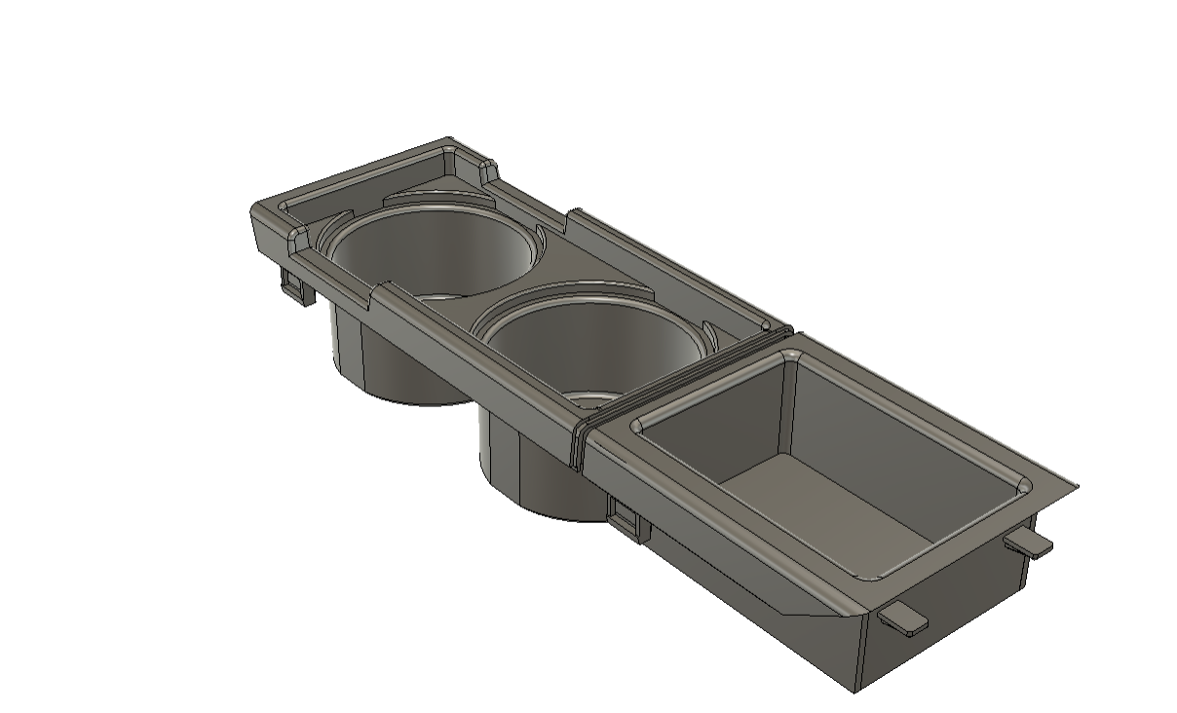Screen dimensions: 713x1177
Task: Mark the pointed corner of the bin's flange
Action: point(1076,486)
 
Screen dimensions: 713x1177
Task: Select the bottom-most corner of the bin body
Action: point(855,691)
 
